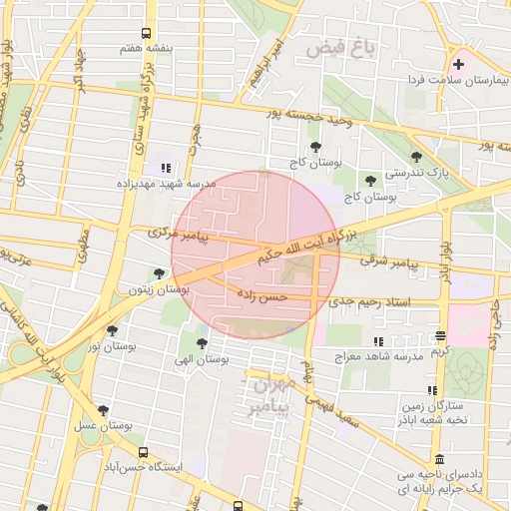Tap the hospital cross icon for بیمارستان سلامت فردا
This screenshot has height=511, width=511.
(458, 64)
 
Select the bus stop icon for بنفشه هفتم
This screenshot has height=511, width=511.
(147, 34)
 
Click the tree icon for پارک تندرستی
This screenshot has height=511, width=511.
(415, 156)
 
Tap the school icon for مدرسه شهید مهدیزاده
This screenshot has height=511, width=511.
(166, 168)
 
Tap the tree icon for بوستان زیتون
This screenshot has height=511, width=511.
(159, 273)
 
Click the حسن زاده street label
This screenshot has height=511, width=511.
(261, 296)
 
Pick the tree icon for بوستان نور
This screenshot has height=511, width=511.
(111, 330)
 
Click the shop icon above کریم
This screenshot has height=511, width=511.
(441, 336)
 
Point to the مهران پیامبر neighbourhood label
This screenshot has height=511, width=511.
(271, 395)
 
